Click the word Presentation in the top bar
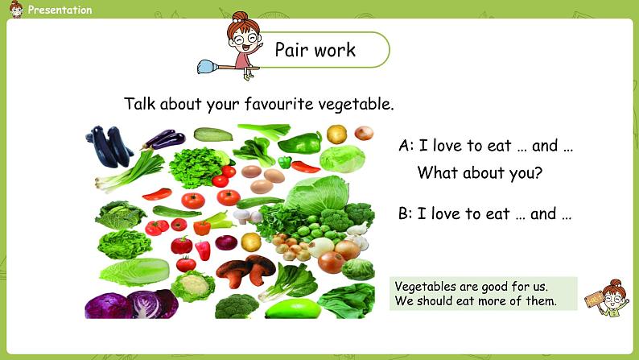[x=60, y=10]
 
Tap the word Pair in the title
[x=291, y=50]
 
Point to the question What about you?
[x=480, y=173]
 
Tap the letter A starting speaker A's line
[x=404, y=146]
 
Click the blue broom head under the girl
[x=207, y=67]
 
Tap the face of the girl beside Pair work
[x=245, y=39]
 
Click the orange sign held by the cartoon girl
[x=594, y=300]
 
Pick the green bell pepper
[x=306, y=143]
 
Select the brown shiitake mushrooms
[x=245, y=270]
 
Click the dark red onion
[x=226, y=242]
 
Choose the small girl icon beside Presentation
[x=16, y=10]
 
